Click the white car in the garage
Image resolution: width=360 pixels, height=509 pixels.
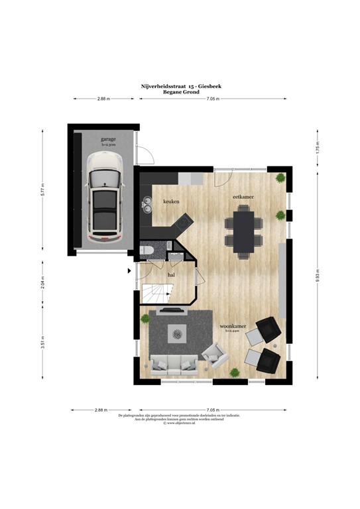105,197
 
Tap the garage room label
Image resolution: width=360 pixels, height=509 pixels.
108,139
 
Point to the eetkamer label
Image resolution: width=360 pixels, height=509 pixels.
240,198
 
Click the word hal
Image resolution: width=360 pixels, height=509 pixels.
171,273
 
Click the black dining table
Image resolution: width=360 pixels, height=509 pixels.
244,229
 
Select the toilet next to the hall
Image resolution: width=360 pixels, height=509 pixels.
147,250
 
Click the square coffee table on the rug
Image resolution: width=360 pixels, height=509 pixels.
177,333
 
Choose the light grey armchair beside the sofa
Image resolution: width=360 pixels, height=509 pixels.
213,356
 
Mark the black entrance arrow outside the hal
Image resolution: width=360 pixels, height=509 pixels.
130,270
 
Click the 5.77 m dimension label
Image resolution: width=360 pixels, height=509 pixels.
42,191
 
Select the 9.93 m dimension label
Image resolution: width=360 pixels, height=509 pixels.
318,278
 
